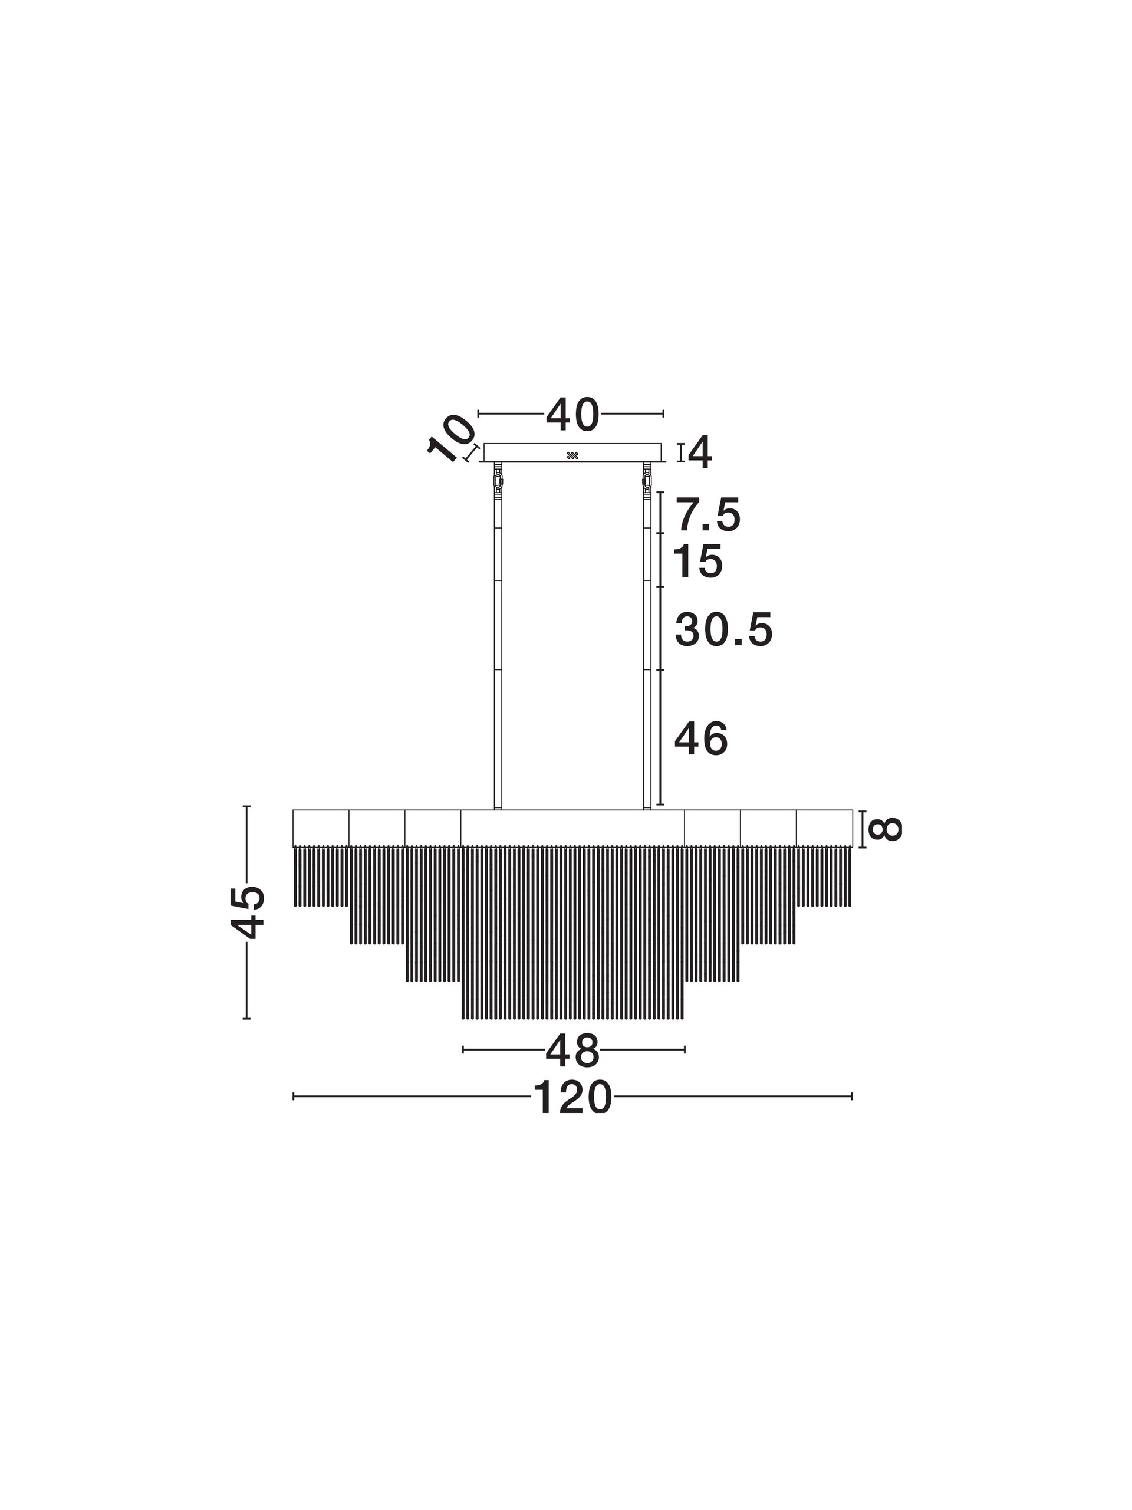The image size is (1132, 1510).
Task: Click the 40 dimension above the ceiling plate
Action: tap(572, 415)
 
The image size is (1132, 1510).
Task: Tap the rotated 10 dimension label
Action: tap(450, 439)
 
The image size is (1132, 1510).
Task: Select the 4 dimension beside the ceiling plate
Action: tap(700, 452)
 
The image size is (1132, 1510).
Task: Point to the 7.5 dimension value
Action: tap(707, 516)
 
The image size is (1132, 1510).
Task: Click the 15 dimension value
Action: tap(698, 562)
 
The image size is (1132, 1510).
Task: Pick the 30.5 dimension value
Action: tap(724, 630)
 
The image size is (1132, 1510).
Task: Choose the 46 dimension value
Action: tap(702, 739)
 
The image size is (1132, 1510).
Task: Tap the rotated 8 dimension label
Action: tap(884, 829)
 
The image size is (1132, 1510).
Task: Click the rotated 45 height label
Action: tap(247, 912)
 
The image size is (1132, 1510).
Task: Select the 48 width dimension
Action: tap(572, 1052)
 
